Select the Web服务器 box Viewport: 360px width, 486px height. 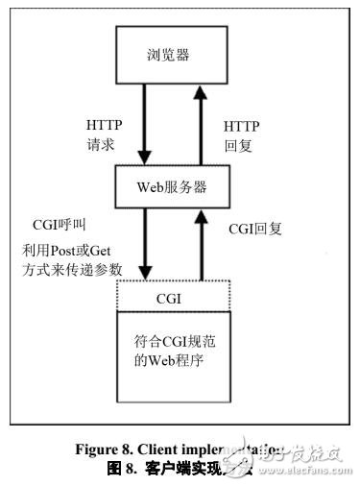pyautogui.click(x=175, y=182)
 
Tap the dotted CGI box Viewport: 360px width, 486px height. pyautogui.click(x=175, y=297)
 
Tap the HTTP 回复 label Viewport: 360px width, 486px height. pyautogui.click(x=241, y=135)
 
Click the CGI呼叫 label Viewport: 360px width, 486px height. pyautogui.click(x=60, y=225)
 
